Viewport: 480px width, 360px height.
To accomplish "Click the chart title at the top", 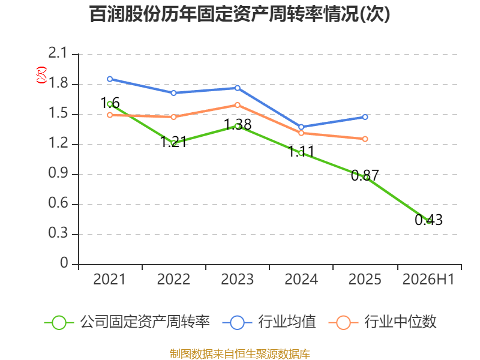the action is [239, 14].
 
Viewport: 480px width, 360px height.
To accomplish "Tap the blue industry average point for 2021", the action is [110, 79].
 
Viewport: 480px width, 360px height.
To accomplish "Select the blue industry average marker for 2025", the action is [365, 117].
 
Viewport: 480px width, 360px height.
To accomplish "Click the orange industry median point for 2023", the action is [238, 105].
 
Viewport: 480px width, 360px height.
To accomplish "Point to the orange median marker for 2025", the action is [365, 139].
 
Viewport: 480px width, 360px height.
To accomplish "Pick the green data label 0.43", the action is [428, 220].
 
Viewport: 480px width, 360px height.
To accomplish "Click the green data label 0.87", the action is [365, 175].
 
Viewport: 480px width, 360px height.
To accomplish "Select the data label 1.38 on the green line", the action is [238, 124].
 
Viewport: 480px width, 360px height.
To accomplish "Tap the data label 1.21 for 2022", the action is [173, 142].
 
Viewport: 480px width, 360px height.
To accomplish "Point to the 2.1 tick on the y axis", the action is [58, 53].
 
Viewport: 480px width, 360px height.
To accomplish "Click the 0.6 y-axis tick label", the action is [58, 203].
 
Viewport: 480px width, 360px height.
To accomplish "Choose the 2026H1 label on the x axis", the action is [428, 279].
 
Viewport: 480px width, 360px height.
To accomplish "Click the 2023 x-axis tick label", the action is [238, 279].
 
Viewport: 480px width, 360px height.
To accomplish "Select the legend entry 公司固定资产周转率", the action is [127, 322].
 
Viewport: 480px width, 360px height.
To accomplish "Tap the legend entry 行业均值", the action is [269, 322].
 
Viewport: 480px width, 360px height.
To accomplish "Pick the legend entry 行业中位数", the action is [382, 322].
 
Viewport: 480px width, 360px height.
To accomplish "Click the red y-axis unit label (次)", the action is [41, 75].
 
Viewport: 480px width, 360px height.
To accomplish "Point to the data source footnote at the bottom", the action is [240, 353].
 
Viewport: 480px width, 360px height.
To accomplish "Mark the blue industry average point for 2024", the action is [301, 127].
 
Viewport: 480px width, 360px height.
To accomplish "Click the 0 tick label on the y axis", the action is [64, 263].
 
